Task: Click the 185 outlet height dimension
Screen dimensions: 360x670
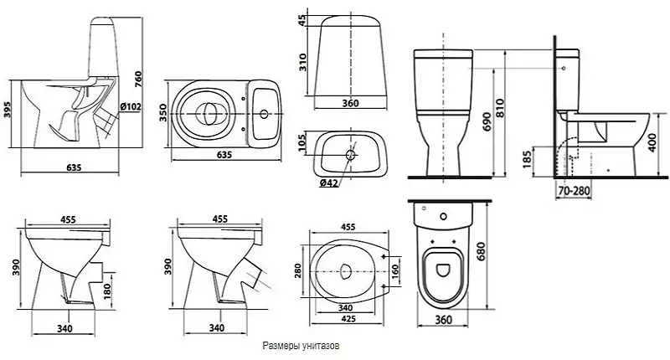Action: (x=527, y=158)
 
